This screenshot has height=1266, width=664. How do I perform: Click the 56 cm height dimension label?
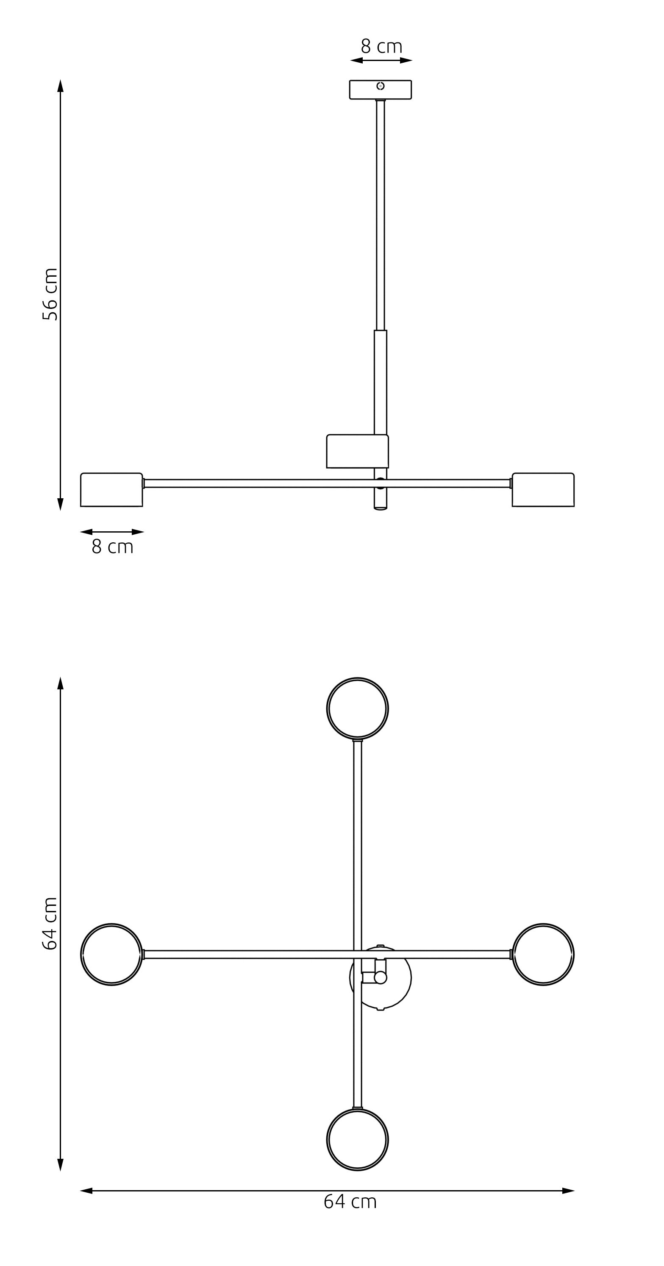tap(50, 294)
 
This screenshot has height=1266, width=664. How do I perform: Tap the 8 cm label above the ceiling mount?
tap(381, 47)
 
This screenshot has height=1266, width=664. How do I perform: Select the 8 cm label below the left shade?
tap(113, 547)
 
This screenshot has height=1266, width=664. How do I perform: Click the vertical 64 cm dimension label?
tap(50, 924)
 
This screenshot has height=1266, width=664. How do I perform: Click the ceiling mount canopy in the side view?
tap(381, 89)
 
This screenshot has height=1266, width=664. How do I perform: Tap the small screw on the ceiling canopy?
tap(381, 86)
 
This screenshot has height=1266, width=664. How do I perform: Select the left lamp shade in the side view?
tap(111, 489)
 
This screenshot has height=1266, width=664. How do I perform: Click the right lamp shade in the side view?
tap(543, 489)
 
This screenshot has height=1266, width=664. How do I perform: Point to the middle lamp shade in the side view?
tap(357, 451)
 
